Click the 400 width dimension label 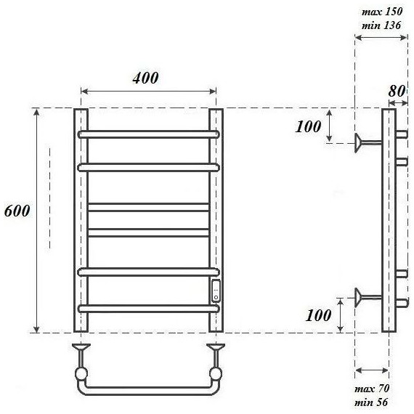(x=145, y=78)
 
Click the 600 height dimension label (x=17, y=211)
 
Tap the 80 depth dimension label (x=397, y=92)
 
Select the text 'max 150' (x=382, y=12)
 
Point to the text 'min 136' (x=381, y=25)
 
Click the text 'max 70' (x=372, y=389)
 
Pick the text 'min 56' (x=371, y=402)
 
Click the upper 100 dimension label (x=308, y=126)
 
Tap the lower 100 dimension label (x=318, y=315)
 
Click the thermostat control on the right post (x=216, y=291)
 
